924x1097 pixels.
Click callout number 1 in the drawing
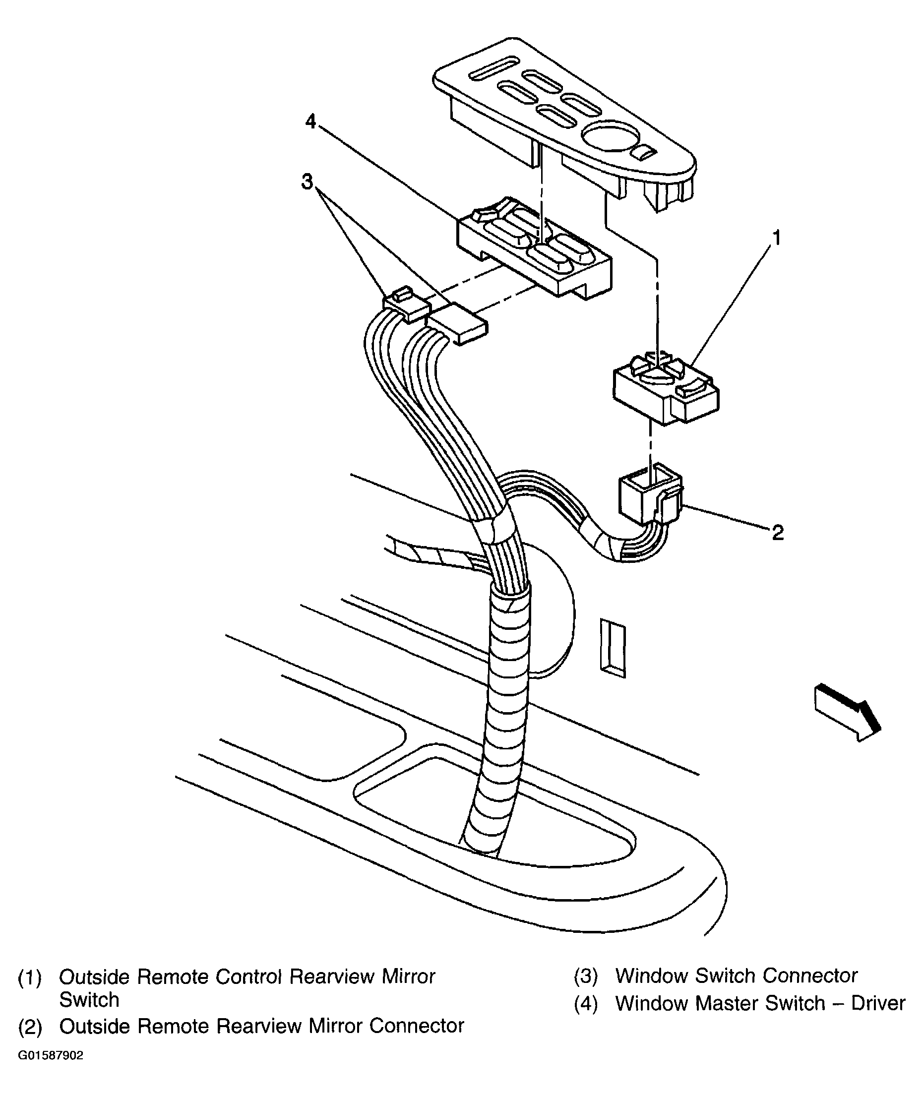point(777,238)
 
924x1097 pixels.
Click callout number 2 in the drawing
point(777,533)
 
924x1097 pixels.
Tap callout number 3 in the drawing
point(307,182)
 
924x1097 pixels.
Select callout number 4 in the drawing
point(310,122)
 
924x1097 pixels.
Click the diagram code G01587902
point(51,1055)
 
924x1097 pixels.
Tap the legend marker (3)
point(586,976)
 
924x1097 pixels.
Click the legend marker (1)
point(30,977)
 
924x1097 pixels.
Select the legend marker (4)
point(586,1004)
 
